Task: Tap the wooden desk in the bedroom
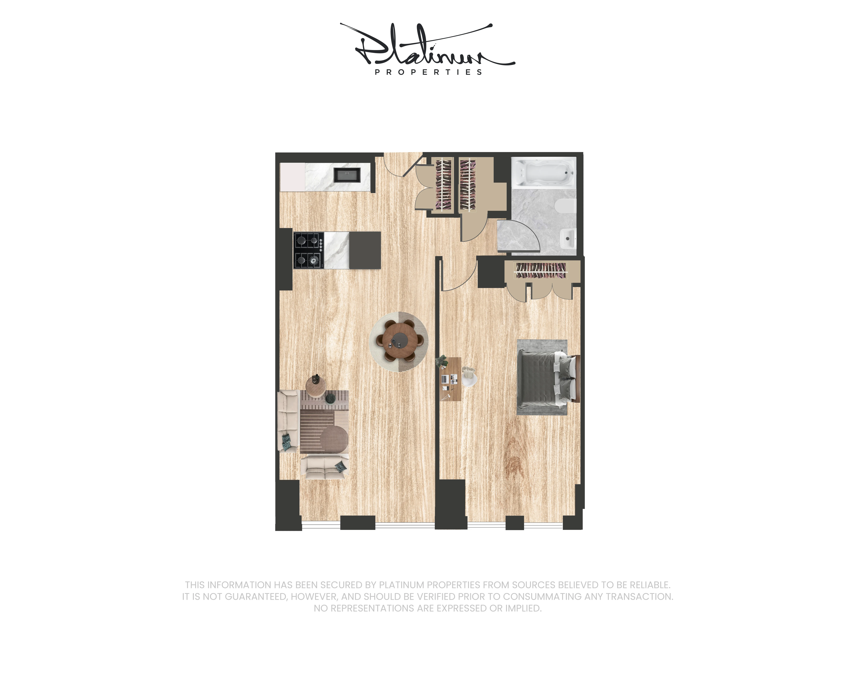[x=450, y=379]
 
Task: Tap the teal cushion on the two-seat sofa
[x=340, y=466]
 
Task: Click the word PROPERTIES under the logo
[x=428, y=72]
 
